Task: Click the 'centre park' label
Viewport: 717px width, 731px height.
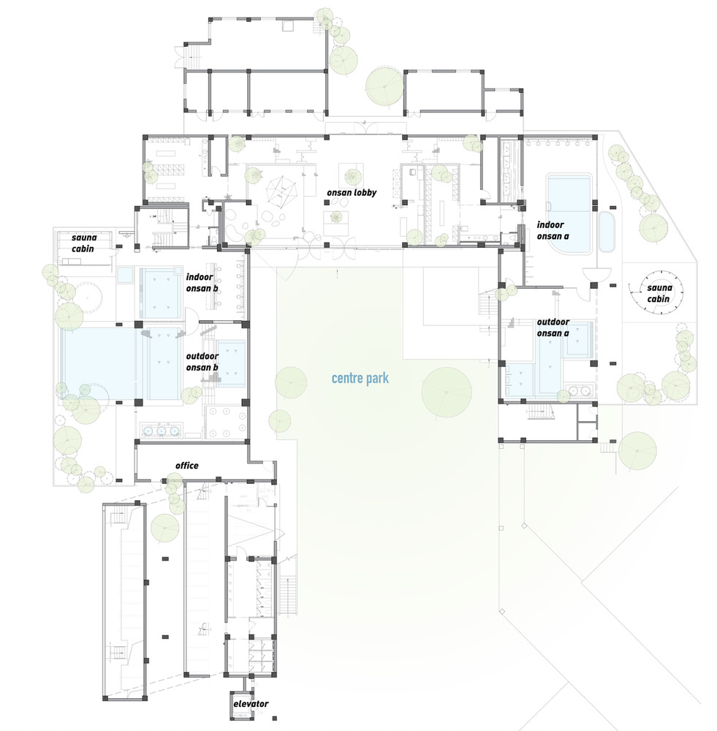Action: click(360, 378)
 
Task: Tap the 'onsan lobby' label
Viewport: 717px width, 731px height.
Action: click(352, 192)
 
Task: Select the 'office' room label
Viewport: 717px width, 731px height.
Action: click(186, 465)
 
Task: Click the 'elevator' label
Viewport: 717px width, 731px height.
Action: click(251, 703)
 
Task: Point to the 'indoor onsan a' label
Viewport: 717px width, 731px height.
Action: click(553, 230)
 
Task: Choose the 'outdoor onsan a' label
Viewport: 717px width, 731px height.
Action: click(553, 327)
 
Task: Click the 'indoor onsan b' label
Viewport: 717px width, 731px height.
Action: click(202, 282)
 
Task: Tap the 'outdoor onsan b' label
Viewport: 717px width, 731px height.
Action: click(202, 362)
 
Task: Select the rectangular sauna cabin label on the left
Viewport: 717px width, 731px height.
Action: click(84, 243)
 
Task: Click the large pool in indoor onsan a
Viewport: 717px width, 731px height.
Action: click(569, 213)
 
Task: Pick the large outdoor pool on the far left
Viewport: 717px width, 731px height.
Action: click(99, 363)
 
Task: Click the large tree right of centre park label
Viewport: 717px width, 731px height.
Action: click(446, 392)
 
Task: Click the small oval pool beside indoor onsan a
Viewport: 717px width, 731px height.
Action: click(607, 232)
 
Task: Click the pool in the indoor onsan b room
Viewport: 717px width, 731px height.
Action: click(160, 293)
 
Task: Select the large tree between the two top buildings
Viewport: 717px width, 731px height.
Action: click(384, 86)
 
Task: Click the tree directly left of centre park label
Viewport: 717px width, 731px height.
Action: click(290, 382)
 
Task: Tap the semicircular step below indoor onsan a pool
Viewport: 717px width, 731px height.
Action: click(596, 273)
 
